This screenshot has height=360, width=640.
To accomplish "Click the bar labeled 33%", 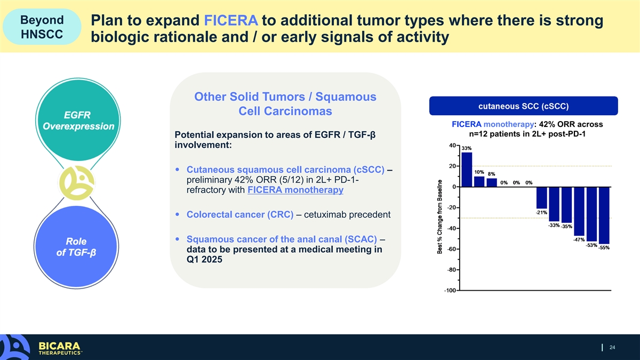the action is point(467,170).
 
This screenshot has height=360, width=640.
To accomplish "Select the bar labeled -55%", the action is point(604,215).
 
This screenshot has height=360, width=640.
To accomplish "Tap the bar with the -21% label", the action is point(541,198).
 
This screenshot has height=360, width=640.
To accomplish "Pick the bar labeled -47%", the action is point(579,211).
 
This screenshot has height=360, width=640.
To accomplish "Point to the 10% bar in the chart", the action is point(479,182).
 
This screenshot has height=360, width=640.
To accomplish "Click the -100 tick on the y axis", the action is point(450,291).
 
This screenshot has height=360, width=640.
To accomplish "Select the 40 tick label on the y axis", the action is point(452,146).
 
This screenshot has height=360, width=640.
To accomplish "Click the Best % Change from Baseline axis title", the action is point(439,217).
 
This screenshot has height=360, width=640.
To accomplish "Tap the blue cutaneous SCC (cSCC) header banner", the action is point(523,106).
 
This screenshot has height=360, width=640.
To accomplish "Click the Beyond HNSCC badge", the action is point(42,27).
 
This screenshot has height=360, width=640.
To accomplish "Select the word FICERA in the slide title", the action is point(231,20).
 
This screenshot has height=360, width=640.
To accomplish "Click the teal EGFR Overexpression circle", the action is point(78,121).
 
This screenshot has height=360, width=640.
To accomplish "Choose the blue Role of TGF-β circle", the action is point(76,246).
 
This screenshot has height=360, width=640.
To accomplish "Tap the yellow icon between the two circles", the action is point(76,183).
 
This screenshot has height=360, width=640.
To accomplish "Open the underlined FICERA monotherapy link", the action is point(295,190).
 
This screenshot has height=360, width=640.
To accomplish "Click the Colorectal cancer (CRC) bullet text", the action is point(240,214).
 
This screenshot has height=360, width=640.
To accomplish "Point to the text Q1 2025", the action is point(204,259).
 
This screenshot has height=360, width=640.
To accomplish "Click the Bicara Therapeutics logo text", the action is point(60,348).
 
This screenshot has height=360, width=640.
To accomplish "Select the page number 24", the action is point(612,347).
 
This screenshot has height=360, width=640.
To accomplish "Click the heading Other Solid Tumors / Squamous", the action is point(285,97).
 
